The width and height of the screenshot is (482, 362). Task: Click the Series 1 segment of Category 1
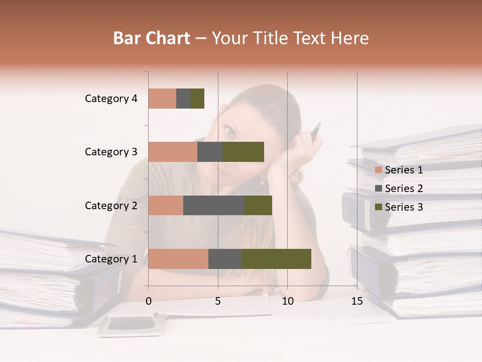pyautogui.click(x=178, y=258)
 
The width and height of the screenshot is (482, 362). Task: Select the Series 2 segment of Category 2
pyautogui.click(x=214, y=205)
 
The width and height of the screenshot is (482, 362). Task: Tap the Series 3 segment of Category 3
pyautogui.click(x=243, y=152)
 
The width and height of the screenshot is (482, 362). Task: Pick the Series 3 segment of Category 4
pyautogui.click(x=197, y=99)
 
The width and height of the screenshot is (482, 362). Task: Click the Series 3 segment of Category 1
pyautogui.click(x=276, y=258)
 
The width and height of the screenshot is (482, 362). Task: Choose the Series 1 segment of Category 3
pyautogui.click(x=173, y=152)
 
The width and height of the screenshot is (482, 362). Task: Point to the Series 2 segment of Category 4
pyautogui.click(x=183, y=99)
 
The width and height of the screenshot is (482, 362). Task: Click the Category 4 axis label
pyautogui.click(x=111, y=99)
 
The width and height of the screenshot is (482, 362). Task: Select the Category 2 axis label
pyautogui.click(x=111, y=205)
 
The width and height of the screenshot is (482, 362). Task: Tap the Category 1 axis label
pyautogui.click(x=111, y=259)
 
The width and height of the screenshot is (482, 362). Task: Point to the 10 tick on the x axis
pyautogui.click(x=287, y=301)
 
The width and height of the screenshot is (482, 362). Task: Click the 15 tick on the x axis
pyautogui.click(x=357, y=301)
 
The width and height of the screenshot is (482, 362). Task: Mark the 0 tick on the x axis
pyautogui.click(x=149, y=301)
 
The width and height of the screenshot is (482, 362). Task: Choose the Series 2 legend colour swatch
pyautogui.click(x=379, y=189)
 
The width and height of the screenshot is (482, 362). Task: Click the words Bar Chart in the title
pyautogui.click(x=152, y=38)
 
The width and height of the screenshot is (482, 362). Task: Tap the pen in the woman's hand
pyautogui.click(x=316, y=130)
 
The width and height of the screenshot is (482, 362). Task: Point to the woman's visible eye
pyautogui.click(x=230, y=132)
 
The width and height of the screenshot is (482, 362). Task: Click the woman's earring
pyautogui.click(x=262, y=180)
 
